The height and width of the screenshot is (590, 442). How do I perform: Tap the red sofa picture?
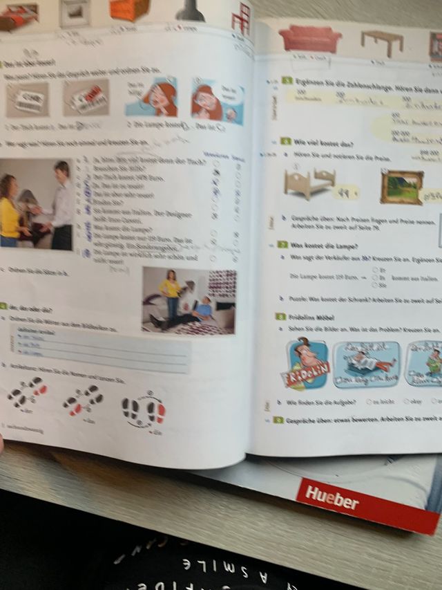tap(310, 39)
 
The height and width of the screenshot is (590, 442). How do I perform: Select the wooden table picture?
tap(382, 42)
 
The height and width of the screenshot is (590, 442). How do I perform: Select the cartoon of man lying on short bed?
tap(367, 364)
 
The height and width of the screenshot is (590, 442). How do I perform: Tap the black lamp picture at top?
tap(189, 10)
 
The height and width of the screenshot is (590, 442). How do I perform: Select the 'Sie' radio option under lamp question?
tap(375, 284)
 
